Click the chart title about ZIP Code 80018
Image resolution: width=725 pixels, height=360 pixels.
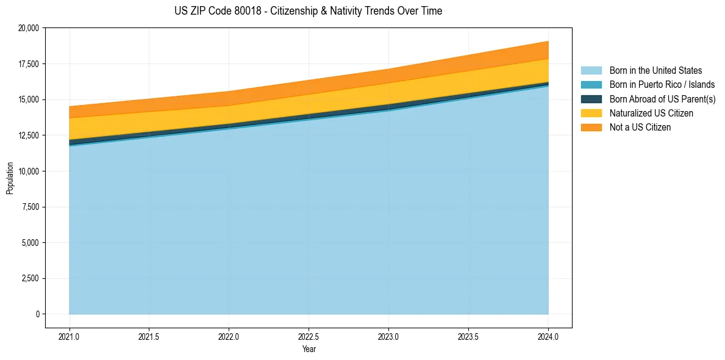click(308, 11)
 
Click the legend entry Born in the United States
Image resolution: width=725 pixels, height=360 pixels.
click(655, 71)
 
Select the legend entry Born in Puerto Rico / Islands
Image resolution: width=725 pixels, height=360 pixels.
click(662, 85)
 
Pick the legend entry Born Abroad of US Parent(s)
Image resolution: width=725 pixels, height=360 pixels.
click(662, 99)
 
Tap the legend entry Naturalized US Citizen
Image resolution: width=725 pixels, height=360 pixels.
click(651, 113)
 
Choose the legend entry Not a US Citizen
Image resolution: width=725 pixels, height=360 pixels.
click(640, 128)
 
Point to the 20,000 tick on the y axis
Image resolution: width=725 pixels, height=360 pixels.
click(29, 28)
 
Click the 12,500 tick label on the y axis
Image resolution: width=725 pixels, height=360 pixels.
click(29, 135)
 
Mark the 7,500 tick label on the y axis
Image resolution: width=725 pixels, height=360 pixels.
click(30, 207)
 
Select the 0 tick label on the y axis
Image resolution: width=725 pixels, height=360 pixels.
click(37, 314)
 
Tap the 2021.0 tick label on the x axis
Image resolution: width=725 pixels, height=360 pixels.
click(69, 336)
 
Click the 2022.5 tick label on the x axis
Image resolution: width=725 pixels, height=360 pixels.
click(309, 336)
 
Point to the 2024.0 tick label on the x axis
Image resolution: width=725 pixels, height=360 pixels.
click(548, 336)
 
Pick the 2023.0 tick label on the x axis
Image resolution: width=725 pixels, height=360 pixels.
click(388, 336)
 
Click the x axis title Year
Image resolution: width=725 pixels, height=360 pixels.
click(309, 349)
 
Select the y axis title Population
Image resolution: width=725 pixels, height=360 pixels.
click(10, 178)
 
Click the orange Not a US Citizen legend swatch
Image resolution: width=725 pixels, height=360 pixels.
click(591, 128)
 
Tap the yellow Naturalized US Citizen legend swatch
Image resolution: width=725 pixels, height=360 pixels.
click(591, 113)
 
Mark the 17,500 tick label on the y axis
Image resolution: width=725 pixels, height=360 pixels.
click(29, 64)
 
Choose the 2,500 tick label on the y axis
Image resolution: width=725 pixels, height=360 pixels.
click(30, 279)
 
